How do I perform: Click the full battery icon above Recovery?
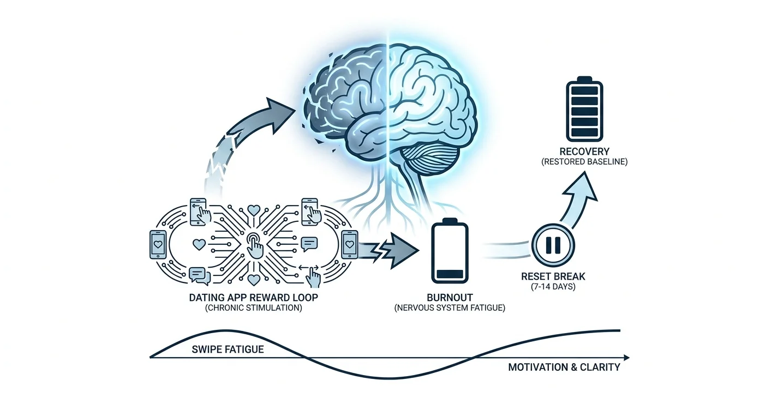click(584, 109)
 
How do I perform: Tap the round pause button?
click(553, 245)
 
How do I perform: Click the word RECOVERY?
click(584, 152)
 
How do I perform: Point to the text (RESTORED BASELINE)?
click(584, 162)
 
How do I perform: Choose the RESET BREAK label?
click(553, 276)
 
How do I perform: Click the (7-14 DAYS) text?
click(553, 287)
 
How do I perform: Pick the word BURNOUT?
click(450, 298)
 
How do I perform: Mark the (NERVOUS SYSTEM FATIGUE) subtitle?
click(450, 307)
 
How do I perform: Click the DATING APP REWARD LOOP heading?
click(254, 298)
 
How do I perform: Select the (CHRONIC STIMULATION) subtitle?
click(254, 307)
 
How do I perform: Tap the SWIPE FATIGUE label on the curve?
click(228, 349)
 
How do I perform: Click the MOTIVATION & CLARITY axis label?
click(564, 367)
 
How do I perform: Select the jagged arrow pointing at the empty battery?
click(388, 251)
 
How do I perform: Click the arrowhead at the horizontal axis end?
click(626, 358)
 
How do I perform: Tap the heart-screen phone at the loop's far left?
click(158, 245)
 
